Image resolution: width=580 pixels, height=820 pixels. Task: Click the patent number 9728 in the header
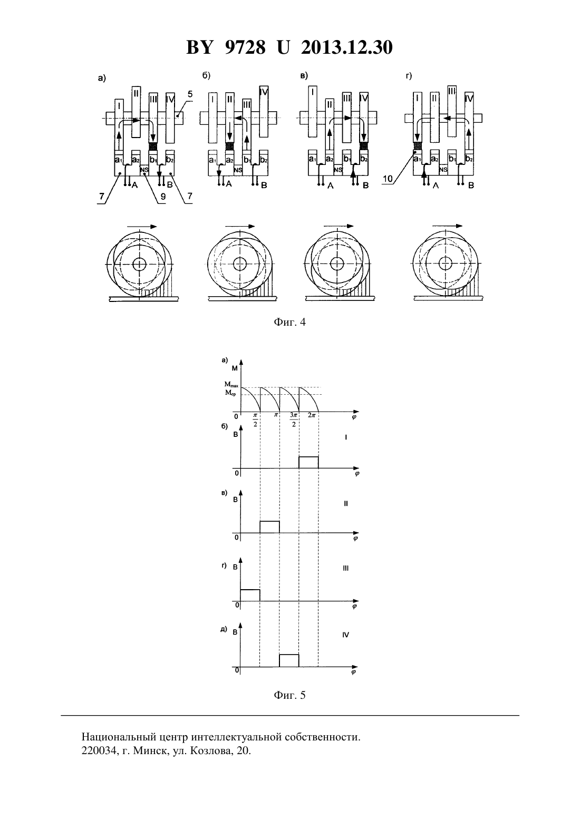(x=245, y=47)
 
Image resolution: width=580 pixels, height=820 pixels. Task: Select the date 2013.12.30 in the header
(x=347, y=47)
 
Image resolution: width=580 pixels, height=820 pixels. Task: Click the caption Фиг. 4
(x=289, y=322)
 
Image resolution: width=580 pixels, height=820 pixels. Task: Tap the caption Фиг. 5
(x=289, y=695)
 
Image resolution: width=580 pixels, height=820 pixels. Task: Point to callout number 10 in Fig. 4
(x=388, y=179)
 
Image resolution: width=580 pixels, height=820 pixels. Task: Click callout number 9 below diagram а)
(x=163, y=197)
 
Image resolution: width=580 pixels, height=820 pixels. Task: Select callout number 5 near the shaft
(x=190, y=94)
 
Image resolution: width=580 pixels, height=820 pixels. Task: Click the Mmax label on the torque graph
(x=231, y=385)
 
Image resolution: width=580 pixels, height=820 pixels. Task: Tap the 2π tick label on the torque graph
(x=312, y=415)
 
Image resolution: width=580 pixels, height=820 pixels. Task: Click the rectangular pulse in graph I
(x=308, y=462)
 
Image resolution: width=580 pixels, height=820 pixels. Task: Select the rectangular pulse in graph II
(x=269, y=527)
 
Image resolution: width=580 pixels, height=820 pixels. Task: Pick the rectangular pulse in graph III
(x=250, y=595)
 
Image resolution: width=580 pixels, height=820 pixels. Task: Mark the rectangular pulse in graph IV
(x=289, y=660)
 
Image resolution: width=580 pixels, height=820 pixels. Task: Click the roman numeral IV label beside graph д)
(x=346, y=635)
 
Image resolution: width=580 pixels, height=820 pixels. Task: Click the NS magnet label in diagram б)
(x=238, y=170)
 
